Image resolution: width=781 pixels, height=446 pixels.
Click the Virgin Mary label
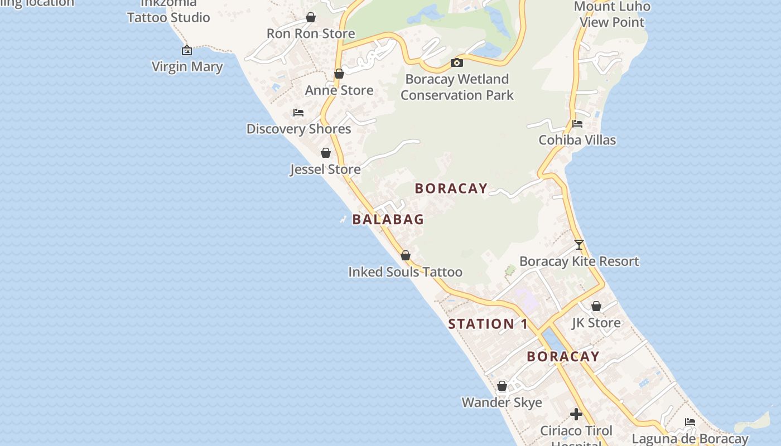(187, 67)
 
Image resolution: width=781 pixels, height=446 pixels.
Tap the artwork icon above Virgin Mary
(187, 50)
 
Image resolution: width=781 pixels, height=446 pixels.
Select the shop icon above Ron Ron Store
(311, 17)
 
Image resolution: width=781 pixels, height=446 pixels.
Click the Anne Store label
(339, 90)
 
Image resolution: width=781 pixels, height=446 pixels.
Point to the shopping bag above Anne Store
(339, 74)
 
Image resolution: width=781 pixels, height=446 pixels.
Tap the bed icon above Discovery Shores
(298, 113)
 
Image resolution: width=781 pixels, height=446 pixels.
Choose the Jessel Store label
(325, 169)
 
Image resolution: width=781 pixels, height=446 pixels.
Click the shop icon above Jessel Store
(326, 153)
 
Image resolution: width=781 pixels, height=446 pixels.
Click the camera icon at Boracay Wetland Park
(457, 62)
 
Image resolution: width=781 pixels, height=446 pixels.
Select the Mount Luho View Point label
(612, 14)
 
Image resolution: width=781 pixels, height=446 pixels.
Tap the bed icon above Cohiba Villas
(577, 124)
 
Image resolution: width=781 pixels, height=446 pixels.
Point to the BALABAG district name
(388, 220)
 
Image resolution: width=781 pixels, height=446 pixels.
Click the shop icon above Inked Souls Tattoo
(406, 255)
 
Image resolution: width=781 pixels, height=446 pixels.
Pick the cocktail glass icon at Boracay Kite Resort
(579, 245)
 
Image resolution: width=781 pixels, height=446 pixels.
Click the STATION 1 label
(488, 324)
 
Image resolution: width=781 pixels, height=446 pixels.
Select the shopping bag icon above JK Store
(596, 306)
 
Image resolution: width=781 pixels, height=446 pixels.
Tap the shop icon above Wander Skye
(502, 386)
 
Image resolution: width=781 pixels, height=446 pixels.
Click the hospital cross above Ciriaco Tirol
(576, 414)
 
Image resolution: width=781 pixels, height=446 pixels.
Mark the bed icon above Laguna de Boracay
(690, 422)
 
